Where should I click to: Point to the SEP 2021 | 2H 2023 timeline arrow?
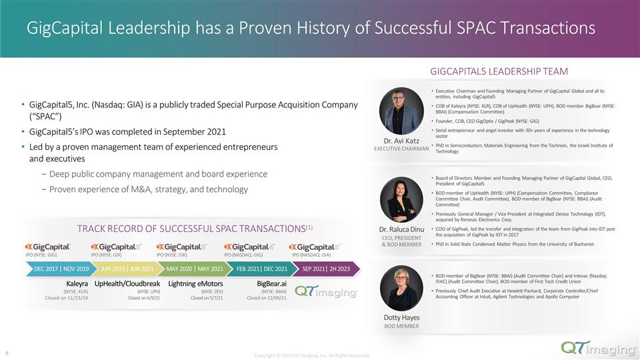tap(327, 269)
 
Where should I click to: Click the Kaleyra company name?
tap(77, 284)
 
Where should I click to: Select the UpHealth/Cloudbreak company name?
tap(127, 284)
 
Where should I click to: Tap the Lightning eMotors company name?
tap(195, 284)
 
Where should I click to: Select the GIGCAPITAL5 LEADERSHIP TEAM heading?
tap(499, 71)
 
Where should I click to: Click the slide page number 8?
tap(7, 353)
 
